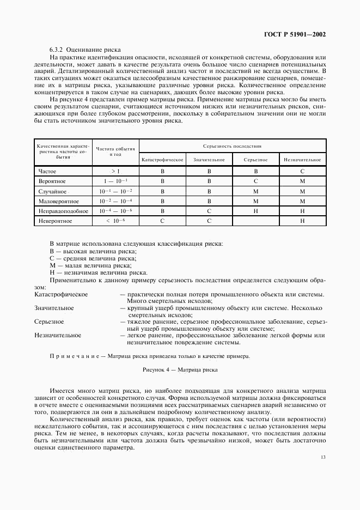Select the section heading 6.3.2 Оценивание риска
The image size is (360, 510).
pyautogui.click(x=85, y=50)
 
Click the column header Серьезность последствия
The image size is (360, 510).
pyautogui.click(x=233, y=146)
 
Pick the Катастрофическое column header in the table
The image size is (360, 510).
pyautogui.click(x=162, y=160)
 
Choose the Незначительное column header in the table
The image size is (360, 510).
pyautogui.click(x=302, y=160)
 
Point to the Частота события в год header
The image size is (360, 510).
pyautogui.click(x=115, y=152)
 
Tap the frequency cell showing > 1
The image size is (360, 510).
pyautogui.click(x=115, y=171)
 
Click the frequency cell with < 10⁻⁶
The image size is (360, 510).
pyautogui.click(x=115, y=221)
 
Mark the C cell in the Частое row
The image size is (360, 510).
pyautogui.click(x=302, y=171)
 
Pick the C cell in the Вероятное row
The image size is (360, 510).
pyautogui.click(x=255, y=181)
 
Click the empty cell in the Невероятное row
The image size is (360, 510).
pyautogui.click(x=255, y=221)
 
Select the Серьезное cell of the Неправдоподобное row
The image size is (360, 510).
pyautogui.click(x=255, y=211)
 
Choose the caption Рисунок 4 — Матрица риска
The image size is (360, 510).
pyautogui.click(x=180, y=370)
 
